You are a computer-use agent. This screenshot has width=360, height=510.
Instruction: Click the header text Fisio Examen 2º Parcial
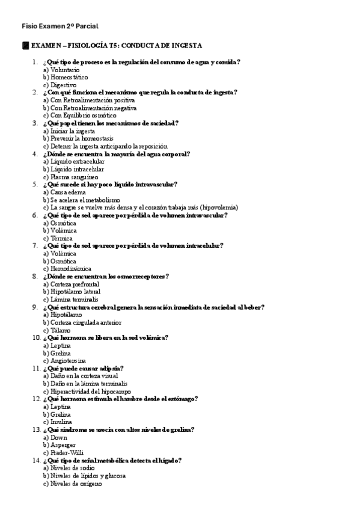click(x=59, y=26)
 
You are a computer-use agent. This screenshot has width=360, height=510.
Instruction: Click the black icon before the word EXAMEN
click(x=25, y=46)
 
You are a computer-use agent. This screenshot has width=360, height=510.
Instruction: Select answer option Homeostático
click(x=69, y=78)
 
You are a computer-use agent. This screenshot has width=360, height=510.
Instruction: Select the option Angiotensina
click(x=69, y=361)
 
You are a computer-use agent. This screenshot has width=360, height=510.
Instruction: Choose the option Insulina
click(x=61, y=422)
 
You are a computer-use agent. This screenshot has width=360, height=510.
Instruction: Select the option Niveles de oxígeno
click(x=76, y=484)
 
